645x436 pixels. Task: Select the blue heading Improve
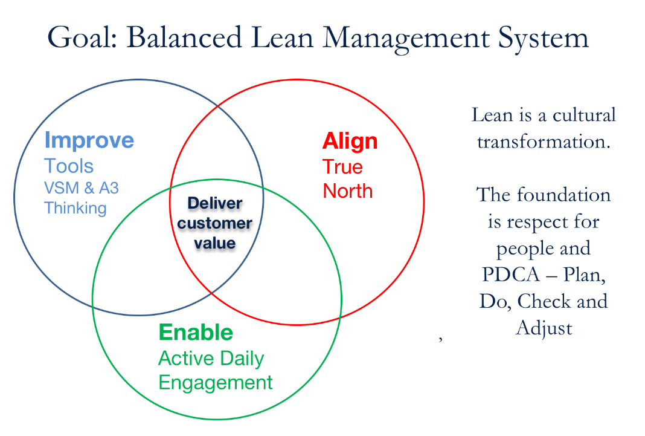point(89,141)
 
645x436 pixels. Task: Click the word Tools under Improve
point(69,166)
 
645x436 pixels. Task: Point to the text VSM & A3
point(82,187)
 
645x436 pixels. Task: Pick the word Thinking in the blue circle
point(75,209)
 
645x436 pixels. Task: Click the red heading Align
point(350,142)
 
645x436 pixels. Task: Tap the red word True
point(342,167)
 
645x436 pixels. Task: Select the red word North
point(348,191)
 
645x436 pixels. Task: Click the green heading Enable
point(196,332)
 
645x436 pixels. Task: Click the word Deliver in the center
point(215,203)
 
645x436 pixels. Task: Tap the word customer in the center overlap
point(215,223)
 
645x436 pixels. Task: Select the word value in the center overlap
point(215,243)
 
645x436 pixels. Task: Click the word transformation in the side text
point(544,142)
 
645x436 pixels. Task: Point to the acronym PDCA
point(510,274)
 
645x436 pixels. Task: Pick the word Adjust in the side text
point(544,328)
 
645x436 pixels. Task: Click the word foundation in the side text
point(564,195)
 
